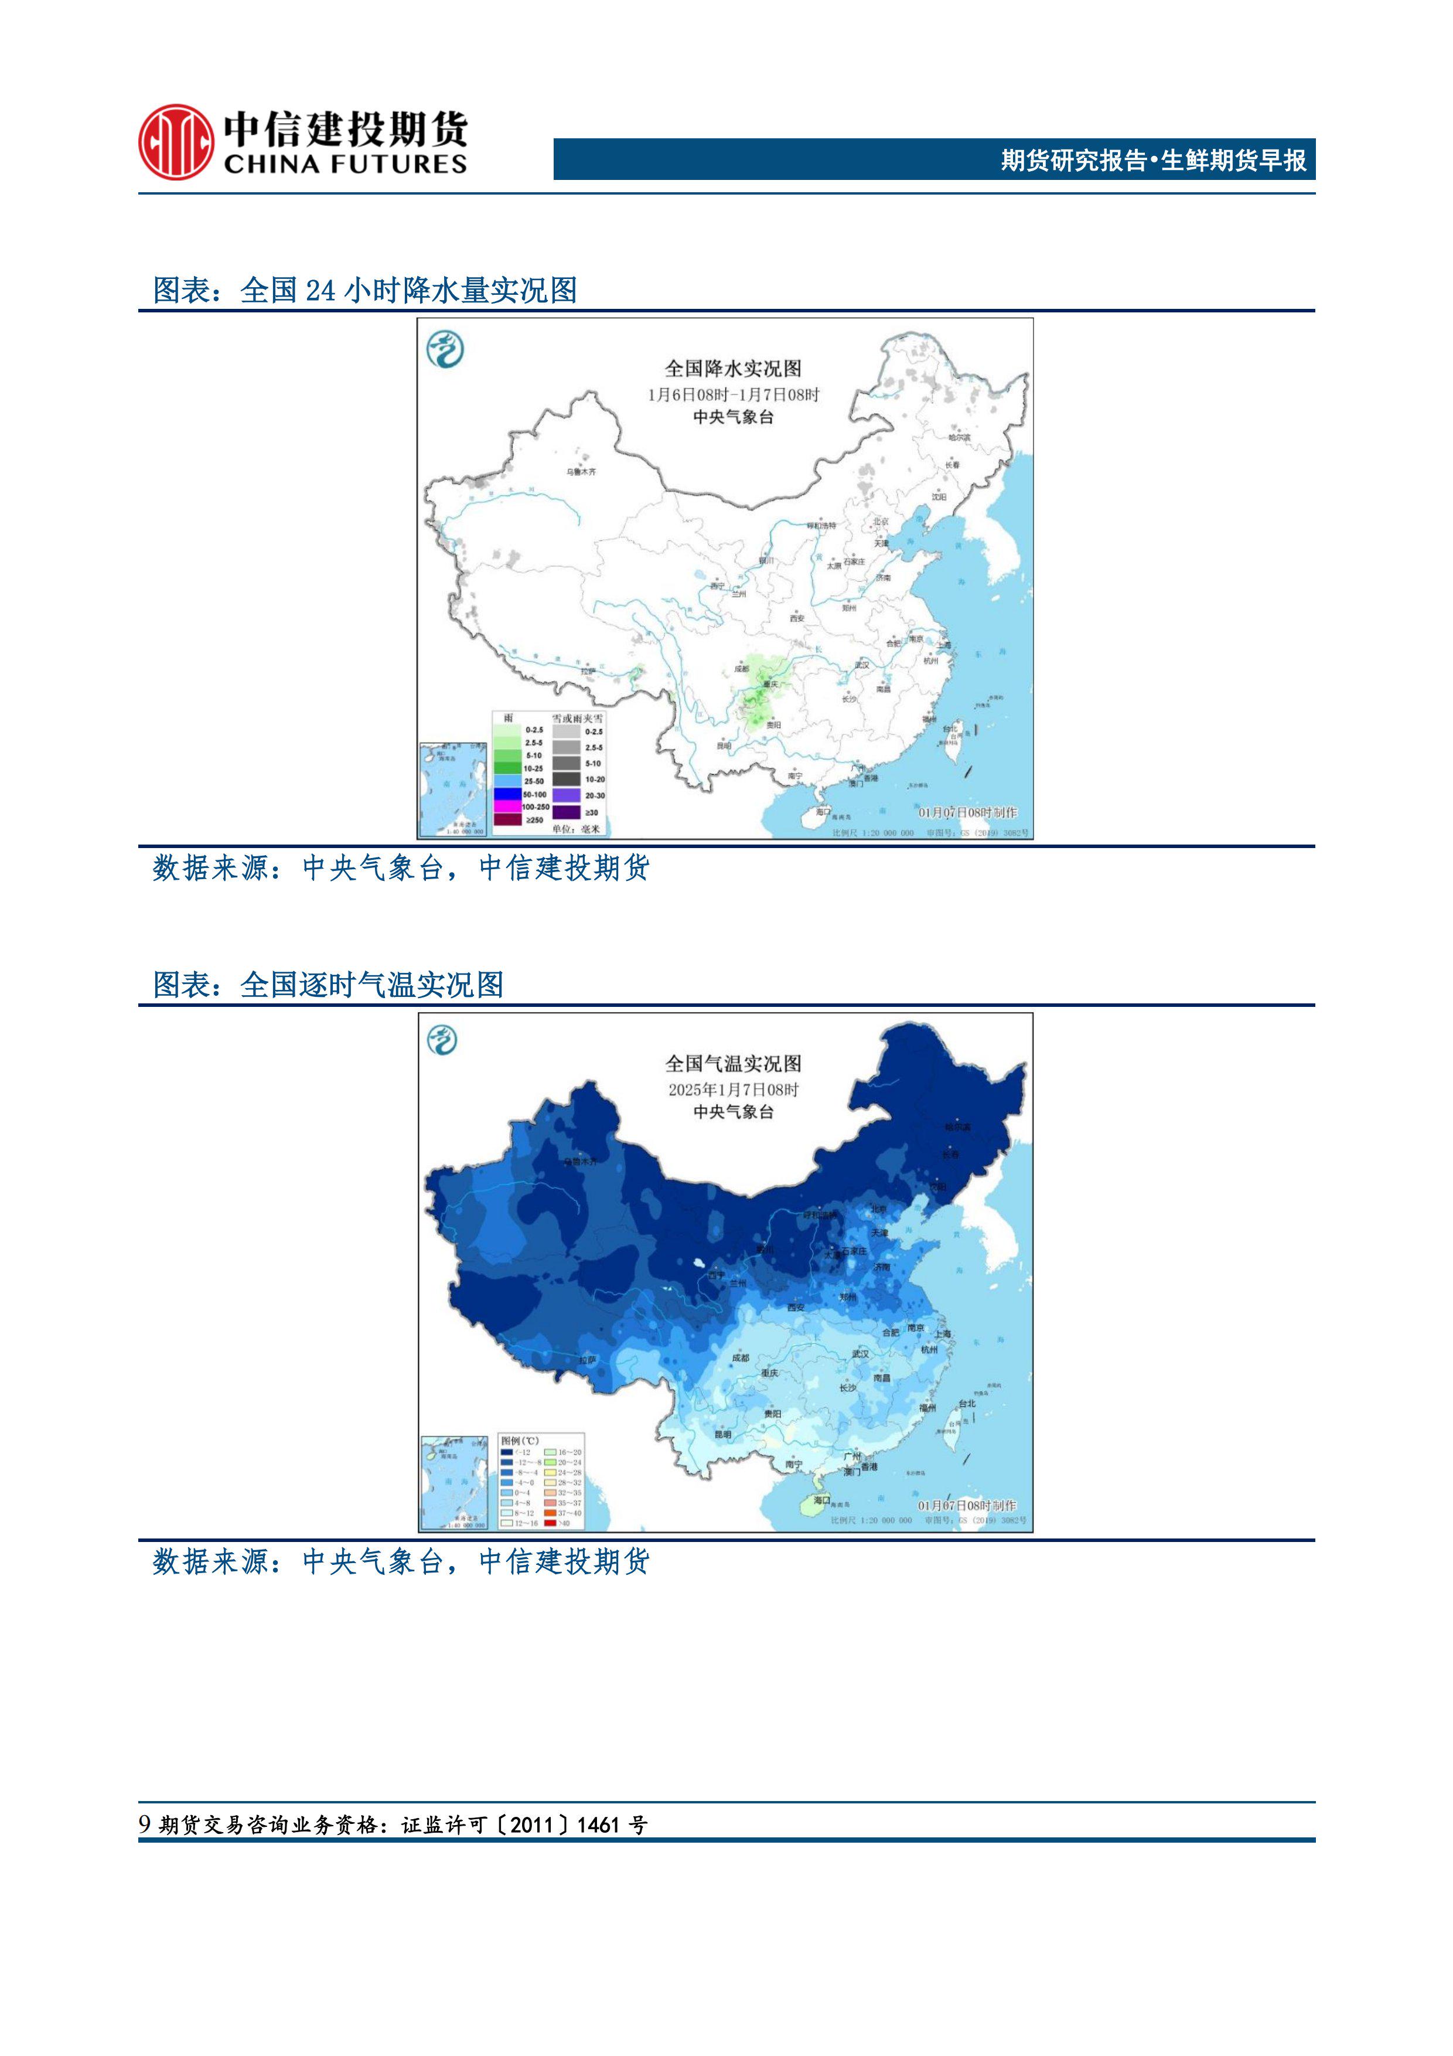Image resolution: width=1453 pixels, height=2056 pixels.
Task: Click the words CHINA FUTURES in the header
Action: (345, 165)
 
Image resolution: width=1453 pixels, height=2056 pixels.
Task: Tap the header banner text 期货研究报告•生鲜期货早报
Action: (1153, 160)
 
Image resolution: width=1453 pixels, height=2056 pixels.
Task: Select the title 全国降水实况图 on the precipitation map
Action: (732, 368)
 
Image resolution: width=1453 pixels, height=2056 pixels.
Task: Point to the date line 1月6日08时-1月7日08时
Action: (732, 394)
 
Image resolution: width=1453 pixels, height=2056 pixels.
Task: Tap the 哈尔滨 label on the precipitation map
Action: (959, 437)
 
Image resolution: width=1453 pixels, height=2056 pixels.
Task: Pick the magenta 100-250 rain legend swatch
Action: (507, 807)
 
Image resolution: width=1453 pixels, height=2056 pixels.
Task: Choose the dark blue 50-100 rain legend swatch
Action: (507, 794)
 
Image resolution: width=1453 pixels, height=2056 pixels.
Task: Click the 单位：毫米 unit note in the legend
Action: (576, 829)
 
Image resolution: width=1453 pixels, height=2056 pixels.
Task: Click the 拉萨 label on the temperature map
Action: (586, 1359)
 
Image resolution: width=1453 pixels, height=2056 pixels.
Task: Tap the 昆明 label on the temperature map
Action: (722, 1434)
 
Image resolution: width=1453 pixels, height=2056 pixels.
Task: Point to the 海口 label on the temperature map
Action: (821, 1500)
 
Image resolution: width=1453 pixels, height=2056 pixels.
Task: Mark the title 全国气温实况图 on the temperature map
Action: (732, 1064)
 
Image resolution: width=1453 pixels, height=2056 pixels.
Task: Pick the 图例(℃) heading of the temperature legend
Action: (519, 1441)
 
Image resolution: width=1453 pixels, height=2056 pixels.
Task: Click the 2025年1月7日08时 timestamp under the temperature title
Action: (732, 1090)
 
